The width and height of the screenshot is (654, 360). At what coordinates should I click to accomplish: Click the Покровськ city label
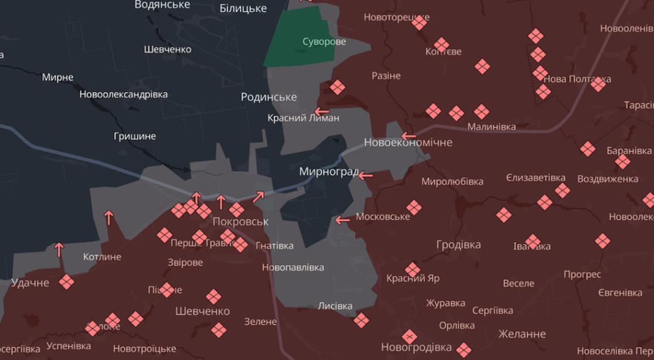[240, 222]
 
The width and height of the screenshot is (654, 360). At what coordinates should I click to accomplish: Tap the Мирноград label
[328, 172]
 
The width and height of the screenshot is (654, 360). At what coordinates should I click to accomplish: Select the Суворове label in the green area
[324, 42]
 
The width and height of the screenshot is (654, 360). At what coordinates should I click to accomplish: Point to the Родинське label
[269, 97]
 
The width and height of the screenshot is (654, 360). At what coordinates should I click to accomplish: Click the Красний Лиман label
[303, 118]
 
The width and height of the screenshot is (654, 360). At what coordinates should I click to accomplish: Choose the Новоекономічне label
[408, 143]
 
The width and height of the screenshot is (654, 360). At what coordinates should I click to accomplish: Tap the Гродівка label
[459, 245]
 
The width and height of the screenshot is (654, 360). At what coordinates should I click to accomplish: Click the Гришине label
[135, 136]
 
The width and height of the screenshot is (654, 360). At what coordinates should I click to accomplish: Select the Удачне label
[29, 283]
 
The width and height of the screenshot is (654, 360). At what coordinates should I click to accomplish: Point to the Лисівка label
[335, 306]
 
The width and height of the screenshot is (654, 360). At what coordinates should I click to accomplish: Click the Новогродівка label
[416, 347]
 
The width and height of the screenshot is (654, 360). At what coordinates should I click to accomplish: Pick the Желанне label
[522, 334]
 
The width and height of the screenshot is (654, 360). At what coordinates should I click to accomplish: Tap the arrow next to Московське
[343, 220]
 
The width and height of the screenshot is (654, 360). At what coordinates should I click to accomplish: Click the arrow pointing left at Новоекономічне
[408, 135]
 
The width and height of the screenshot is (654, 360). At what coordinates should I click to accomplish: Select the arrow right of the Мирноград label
[365, 175]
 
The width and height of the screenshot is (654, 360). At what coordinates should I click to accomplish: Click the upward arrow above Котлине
[109, 218]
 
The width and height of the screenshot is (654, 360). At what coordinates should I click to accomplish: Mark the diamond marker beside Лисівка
[360, 321]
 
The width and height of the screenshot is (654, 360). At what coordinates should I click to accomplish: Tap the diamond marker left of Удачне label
[66, 282]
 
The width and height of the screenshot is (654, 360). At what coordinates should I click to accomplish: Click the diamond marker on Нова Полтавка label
[598, 83]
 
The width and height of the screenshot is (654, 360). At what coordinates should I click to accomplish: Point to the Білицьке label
[243, 8]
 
